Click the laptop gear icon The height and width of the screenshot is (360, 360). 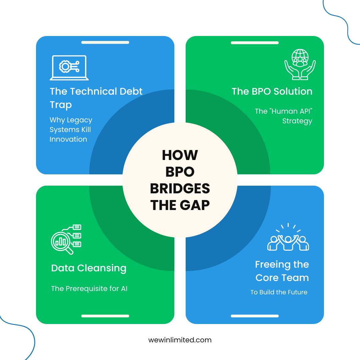tap(69, 68)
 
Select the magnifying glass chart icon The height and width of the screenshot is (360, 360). tap(66, 239)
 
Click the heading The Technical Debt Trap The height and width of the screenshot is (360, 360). tap(96, 98)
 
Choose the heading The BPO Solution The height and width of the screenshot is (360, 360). tap(272, 91)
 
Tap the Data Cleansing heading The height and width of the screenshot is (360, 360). tap(89, 268)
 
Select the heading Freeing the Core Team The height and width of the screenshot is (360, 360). tap(282, 271)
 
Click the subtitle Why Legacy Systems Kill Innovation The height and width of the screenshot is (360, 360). tap(71, 130)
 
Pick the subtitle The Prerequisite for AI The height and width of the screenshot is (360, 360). tap(89, 289)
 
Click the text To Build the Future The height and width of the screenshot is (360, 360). tap(279, 292)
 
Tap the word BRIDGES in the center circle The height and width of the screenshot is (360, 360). tap(180, 189)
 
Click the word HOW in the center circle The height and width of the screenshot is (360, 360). tap(180, 155)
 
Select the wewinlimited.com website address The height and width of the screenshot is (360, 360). tap(180, 340)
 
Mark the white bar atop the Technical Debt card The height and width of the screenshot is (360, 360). tap(105, 43)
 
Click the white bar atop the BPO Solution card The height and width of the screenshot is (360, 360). tap(255, 43)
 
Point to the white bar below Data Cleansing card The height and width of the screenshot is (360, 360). tap(105, 316)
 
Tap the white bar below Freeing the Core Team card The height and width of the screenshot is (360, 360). tap(255, 316)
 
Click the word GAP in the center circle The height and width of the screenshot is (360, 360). tap(196, 205)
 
